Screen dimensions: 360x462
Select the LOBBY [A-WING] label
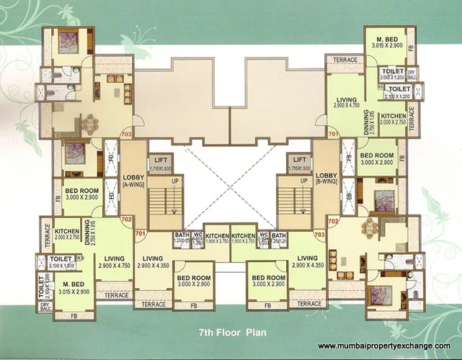(x=133, y=180)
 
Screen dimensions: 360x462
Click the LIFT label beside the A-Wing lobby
(x=160, y=163)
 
